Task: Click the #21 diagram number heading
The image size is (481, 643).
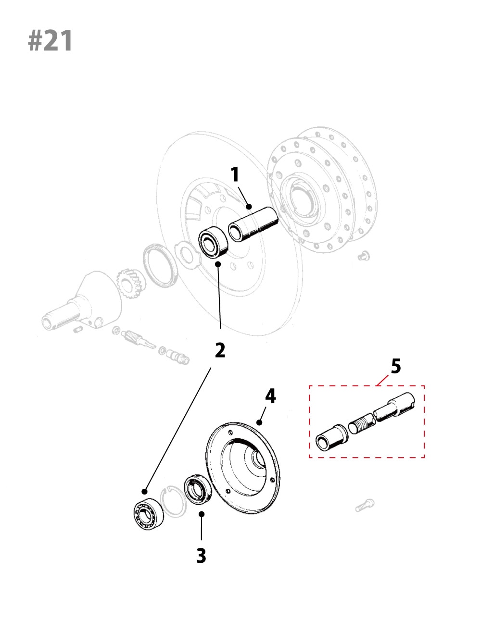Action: tap(51, 41)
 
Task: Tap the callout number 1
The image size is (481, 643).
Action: tap(235, 174)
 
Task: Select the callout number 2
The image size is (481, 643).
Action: tap(220, 350)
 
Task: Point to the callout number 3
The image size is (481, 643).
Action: tap(201, 556)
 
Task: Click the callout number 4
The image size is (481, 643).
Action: tap(270, 396)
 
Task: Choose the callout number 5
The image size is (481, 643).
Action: tap(395, 366)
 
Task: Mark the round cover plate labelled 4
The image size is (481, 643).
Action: tap(243, 468)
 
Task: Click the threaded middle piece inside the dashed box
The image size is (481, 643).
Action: tap(361, 424)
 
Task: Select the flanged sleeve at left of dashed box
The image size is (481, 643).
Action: tap(331, 437)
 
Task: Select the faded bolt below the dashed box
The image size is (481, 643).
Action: tap(365, 505)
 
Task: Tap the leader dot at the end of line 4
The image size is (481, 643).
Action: tap(259, 422)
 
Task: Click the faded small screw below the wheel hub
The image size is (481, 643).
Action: tap(364, 256)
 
